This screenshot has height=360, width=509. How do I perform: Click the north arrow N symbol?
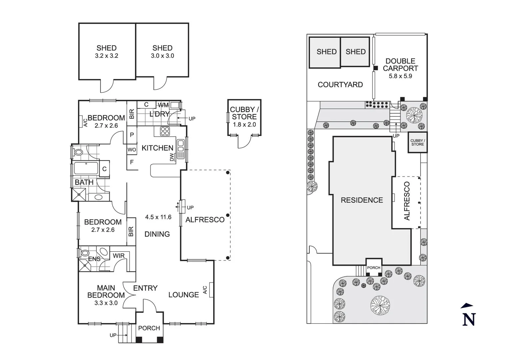(469, 319)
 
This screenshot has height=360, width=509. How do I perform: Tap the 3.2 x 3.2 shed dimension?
(107, 56)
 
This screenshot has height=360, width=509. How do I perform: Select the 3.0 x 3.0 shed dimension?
(163, 56)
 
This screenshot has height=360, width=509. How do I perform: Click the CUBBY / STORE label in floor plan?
(244, 113)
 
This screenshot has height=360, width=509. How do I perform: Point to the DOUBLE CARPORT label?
(400, 65)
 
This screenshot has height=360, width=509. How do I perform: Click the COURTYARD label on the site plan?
(340, 85)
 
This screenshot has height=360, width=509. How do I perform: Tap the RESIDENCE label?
(362, 200)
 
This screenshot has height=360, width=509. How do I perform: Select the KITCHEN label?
(157, 148)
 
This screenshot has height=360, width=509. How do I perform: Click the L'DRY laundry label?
(160, 114)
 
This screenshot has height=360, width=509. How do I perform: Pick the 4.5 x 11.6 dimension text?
(158, 217)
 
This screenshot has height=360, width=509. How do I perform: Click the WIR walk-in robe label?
(119, 256)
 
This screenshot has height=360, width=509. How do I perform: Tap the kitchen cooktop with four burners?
(165, 131)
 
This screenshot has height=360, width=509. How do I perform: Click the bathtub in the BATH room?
(86, 168)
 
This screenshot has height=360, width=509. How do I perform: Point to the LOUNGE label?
(184, 295)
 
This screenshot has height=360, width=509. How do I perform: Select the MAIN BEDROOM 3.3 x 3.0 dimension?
(106, 303)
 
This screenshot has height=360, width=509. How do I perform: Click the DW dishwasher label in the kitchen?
(172, 157)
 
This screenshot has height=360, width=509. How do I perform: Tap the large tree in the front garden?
(380, 305)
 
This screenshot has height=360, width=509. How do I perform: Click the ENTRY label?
(145, 288)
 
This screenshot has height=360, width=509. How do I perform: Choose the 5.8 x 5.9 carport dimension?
(400, 76)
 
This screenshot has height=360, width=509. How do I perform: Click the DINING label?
(157, 234)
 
